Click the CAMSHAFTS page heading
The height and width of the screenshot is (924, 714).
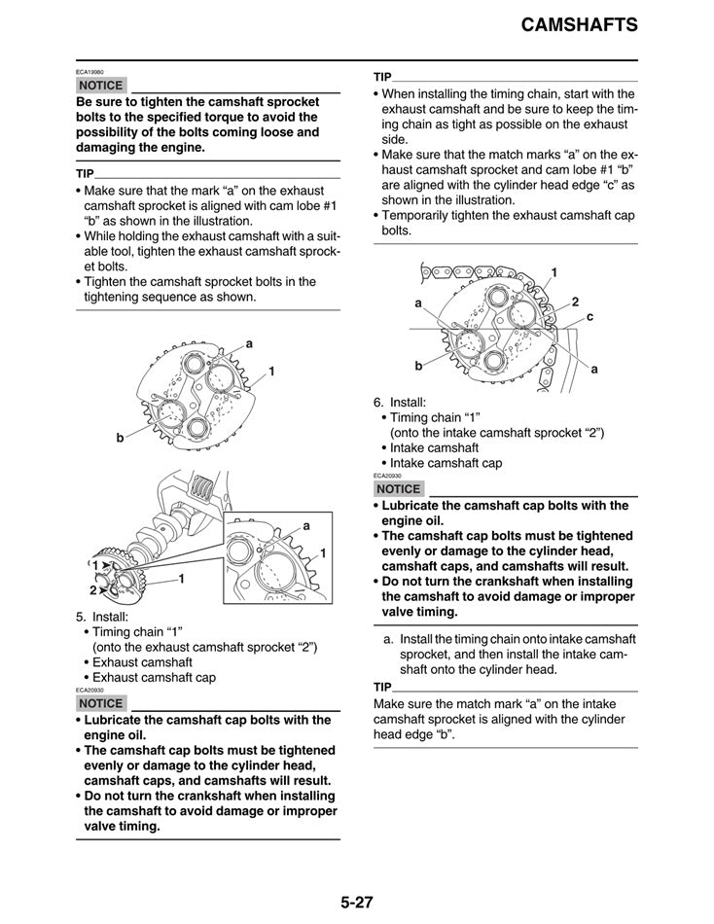point(579,25)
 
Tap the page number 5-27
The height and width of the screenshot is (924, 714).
point(357,901)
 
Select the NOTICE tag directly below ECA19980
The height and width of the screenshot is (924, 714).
point(101,86)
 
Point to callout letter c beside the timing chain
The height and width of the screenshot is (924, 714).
point(589,317)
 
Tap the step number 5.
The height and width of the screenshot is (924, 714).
point(81,617)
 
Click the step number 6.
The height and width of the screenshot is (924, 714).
point(378,402)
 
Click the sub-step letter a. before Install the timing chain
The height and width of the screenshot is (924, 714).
point(389,639)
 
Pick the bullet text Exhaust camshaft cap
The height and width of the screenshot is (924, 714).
point(154,677)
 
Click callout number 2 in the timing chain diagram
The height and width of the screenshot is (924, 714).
point(575,302)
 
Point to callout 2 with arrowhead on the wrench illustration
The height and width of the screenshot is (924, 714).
point(94,590)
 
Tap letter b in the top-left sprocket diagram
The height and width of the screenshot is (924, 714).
point(121,438)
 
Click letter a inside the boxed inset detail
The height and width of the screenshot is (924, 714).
point(305,525)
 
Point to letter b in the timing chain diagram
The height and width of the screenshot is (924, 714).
point(418,366)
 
